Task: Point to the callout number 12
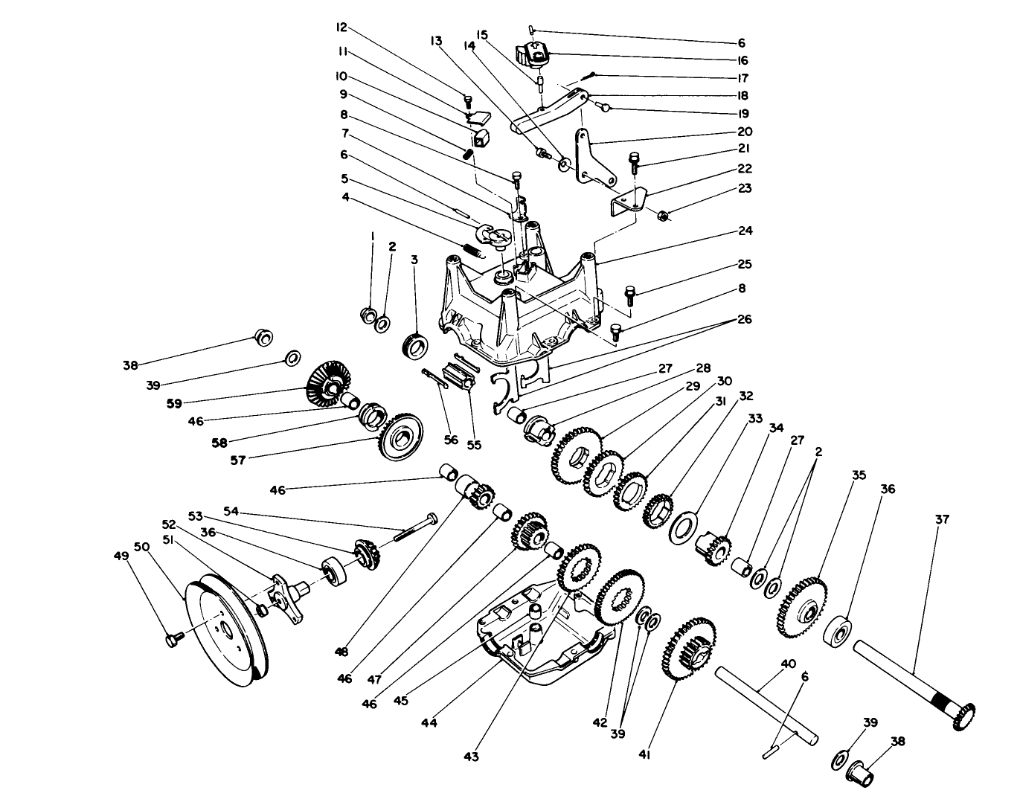click(x=342, y=27)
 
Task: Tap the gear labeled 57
click(x=401, y=435)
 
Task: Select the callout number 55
click(x=474, y=445)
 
